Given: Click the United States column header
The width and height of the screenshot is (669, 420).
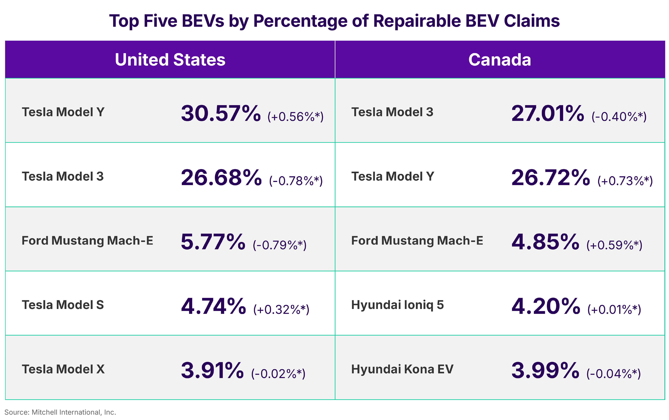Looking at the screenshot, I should click(170, 60).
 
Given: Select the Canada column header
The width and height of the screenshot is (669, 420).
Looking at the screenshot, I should click(500, 60).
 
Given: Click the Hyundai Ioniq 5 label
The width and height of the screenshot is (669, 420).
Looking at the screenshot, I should click(397, 305).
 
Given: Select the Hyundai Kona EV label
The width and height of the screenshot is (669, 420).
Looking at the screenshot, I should click(402, 369).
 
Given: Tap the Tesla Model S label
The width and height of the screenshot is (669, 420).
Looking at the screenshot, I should click(63, 305).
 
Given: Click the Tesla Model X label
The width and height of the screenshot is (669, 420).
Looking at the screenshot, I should click(63, 369).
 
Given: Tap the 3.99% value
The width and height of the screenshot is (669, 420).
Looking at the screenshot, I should click(545, 370).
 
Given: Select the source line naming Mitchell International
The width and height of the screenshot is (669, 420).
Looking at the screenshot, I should click(60, 412).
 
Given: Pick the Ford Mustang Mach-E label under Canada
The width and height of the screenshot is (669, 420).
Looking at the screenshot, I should click(417, 241).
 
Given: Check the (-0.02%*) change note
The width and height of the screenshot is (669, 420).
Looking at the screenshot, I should click(278, 374).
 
